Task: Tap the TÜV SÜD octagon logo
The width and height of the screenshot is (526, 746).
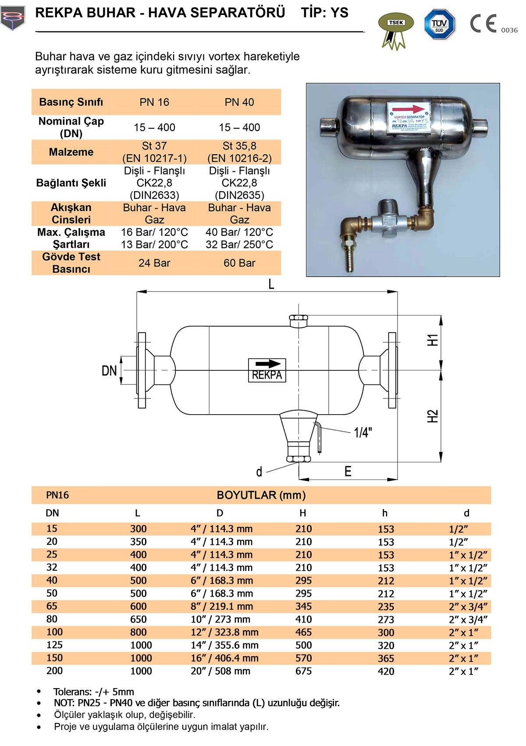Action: (x=439, y=25)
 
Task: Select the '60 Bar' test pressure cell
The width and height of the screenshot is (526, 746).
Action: (x=239, y=263)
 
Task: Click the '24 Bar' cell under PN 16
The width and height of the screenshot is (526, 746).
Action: (x=154, y=263)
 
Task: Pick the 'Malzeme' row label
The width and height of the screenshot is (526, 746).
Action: (x=71, y=152)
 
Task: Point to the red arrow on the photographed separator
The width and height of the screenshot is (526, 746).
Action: (x=408, y=109)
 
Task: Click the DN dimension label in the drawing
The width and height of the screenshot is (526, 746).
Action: (x=109, y=371)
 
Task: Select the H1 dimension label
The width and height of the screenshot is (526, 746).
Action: (x=433, y=340)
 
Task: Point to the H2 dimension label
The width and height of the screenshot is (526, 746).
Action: (x=433, y=416)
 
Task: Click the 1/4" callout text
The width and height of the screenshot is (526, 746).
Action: (x=363, y=433)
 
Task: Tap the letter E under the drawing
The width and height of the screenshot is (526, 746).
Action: (x=348, y=472)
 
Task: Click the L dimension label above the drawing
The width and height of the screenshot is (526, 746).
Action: (x=271, y=284)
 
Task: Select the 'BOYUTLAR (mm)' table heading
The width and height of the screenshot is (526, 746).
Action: (x=261, y=495)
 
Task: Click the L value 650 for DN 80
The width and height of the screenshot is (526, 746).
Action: (x=138, y=619)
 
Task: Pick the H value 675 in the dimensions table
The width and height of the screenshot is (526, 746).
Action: (x=303, y=671)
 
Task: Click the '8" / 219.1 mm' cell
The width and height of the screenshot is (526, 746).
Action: (x=222, y=607)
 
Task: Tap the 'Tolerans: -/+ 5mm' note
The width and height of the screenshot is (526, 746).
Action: (x=93, y=692)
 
